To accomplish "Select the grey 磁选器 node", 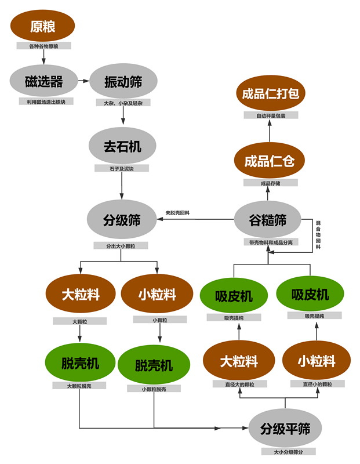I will [x=43, y=82].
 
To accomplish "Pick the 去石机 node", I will [x=122, y=146].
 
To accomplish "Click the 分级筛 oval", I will [x=122, y=220].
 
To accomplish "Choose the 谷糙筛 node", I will [x=268, y=220].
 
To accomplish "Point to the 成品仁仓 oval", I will [x=269, y=161].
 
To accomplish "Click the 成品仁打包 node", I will [x=270, y=93].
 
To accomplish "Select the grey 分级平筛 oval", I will [x=285, y=429].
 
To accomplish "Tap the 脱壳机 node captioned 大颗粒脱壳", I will [x=80, y=363].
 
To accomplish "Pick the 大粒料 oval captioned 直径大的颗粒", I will [x=238, y=361].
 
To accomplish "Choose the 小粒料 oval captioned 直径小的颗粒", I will [x=317, y=361].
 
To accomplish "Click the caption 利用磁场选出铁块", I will [x=46, y=101].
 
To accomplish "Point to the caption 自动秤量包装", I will [x=270, y=115].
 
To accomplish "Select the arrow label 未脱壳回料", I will [x=177, y=213].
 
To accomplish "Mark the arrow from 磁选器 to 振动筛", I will [x=85, y=82].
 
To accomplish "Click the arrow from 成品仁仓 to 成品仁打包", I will [x=270, y=132].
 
